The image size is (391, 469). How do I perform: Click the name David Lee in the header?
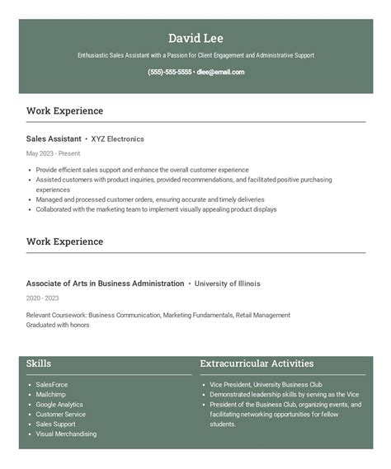195,38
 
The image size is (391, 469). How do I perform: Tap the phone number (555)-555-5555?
170,72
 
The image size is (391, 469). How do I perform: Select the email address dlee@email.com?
220,72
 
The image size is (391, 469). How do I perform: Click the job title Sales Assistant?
54,139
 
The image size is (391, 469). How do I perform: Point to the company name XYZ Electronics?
117,139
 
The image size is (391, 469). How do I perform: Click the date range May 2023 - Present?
53,153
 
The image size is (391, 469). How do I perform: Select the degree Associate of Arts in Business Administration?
105,284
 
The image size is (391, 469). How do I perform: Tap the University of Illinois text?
227,284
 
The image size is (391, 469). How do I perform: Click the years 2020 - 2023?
43,298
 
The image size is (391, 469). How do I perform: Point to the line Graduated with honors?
58,325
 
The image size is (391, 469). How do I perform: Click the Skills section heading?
39,363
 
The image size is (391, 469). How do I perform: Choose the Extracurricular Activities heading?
257,363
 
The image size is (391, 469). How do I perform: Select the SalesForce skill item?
52,384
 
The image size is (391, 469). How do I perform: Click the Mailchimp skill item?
50,394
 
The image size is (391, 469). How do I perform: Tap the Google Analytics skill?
59,404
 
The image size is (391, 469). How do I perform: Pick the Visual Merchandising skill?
66,434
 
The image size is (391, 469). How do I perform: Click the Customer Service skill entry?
61,414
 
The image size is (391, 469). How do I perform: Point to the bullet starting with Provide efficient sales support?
142,169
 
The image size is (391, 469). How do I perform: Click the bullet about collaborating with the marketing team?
156,209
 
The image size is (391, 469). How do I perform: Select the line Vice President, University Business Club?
266,384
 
